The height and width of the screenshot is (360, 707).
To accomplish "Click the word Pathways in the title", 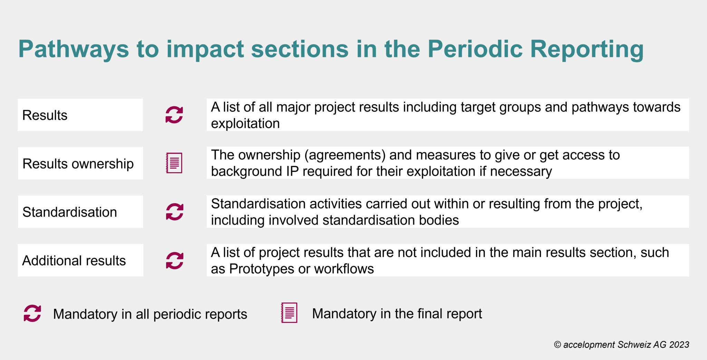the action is pos(74,49).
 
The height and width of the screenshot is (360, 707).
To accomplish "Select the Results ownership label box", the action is pos(80,163).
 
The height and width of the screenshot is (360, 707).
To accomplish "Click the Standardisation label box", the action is pos(80,212).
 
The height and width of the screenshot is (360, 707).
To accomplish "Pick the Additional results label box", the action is pos(80,260).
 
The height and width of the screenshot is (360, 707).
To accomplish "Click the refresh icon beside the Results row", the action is pos(174,115).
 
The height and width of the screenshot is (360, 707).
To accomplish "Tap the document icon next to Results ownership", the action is pos(174,163).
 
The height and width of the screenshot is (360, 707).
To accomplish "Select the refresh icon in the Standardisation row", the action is pos(175,212).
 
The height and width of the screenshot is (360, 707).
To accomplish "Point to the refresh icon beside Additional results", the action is pos(175,260).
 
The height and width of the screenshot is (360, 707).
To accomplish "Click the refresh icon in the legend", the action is pos(32,313).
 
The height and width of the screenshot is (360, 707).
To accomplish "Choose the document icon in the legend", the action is pos(289,313).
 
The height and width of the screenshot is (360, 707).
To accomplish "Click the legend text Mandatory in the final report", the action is pos(397,314).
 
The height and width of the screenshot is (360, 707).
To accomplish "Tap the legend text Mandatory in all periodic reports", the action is pos(150,314).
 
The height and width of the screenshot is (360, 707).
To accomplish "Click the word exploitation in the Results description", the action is pos(245,124).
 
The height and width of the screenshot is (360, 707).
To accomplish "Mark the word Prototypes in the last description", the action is pos(262,269).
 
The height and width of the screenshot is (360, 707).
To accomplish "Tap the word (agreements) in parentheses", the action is pos(345,155).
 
